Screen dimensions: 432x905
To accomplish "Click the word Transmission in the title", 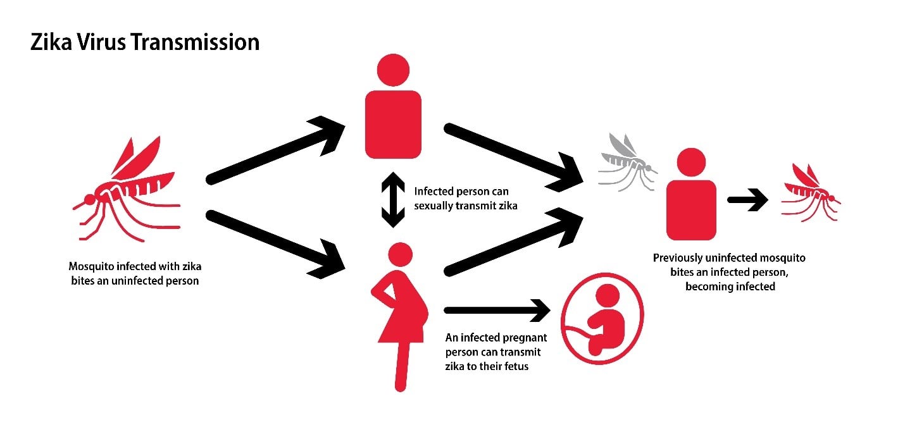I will pos(197,42).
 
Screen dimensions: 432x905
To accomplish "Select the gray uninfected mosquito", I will pos(627,162).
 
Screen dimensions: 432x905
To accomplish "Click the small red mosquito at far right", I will pos(811,192).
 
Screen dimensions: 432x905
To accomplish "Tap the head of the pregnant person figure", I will pos(399,256).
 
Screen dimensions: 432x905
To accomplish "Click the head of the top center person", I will pos(393,69).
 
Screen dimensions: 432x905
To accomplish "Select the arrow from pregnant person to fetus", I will pos(497,310).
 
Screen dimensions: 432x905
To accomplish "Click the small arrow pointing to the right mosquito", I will pos(747,201).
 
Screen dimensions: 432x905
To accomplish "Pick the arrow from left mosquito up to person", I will pos(275,152).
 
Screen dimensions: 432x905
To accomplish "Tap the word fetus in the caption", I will pos(515,365).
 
